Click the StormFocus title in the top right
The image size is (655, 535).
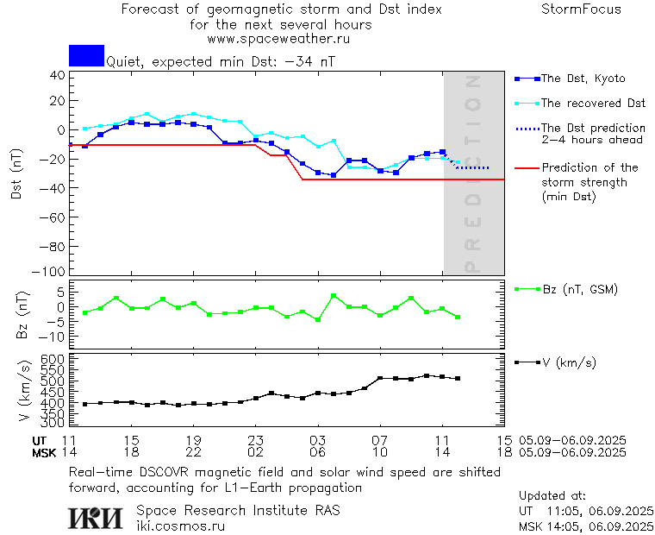(x=581, y=9)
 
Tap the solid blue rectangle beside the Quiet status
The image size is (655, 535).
(x=86, y=55)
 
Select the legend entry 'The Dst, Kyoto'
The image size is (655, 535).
(x=582, y=79)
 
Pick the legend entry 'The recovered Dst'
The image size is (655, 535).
(x=593, y=104)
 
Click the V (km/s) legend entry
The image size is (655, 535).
(x=568, y=362)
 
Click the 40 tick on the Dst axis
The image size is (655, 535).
(x=58, y=75)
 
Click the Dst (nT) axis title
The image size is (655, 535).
(x=16, y=177)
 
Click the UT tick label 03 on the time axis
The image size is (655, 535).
(x=317, y=440)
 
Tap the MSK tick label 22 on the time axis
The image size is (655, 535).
(x=194, y=452)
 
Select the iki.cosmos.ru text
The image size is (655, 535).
(x=180, y=525)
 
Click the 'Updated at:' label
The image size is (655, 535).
(x=552, y=496)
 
